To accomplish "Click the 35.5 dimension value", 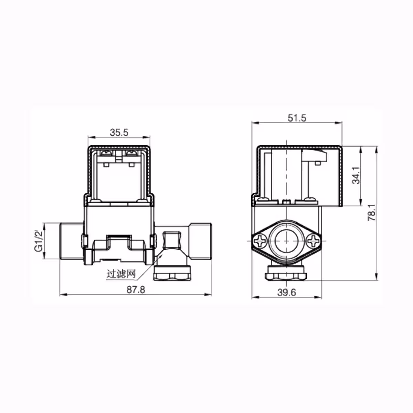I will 119,132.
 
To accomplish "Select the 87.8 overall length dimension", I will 136,289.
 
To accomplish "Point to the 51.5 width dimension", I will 296,118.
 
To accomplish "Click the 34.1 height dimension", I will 357,176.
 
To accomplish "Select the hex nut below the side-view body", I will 285,275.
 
